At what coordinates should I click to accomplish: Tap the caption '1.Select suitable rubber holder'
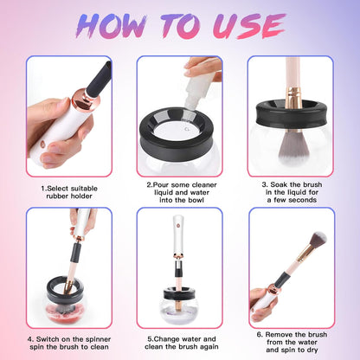(68, 190)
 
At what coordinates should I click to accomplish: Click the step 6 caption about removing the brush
(292, 344)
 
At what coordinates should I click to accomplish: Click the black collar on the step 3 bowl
(291, 112)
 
